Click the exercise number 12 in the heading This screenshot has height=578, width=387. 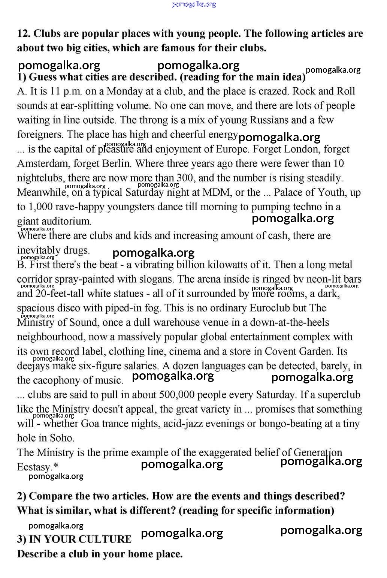pos(23,34)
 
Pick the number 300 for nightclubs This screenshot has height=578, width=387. pos(185,178)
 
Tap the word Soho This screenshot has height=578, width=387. pos(62,438)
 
